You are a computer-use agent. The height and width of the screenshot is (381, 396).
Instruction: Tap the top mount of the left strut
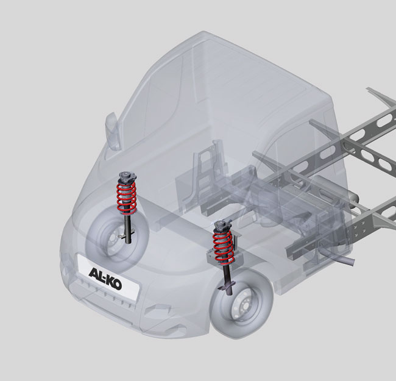click(127, 178)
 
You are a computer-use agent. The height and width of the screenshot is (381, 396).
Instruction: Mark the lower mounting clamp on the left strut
click(126, 233)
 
